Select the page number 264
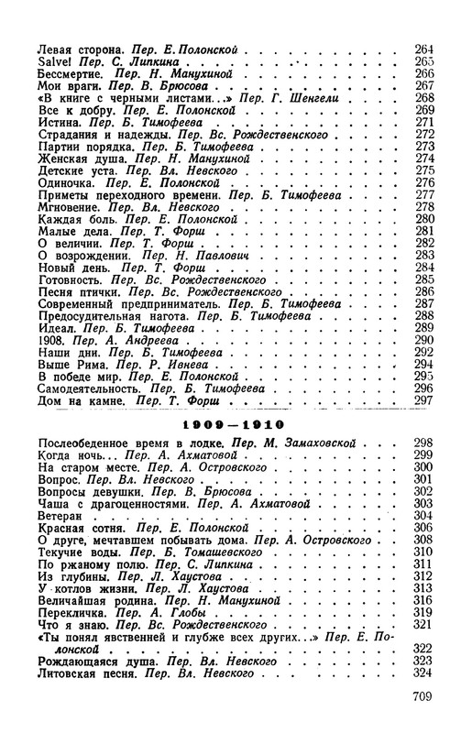[x=423, y=47]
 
